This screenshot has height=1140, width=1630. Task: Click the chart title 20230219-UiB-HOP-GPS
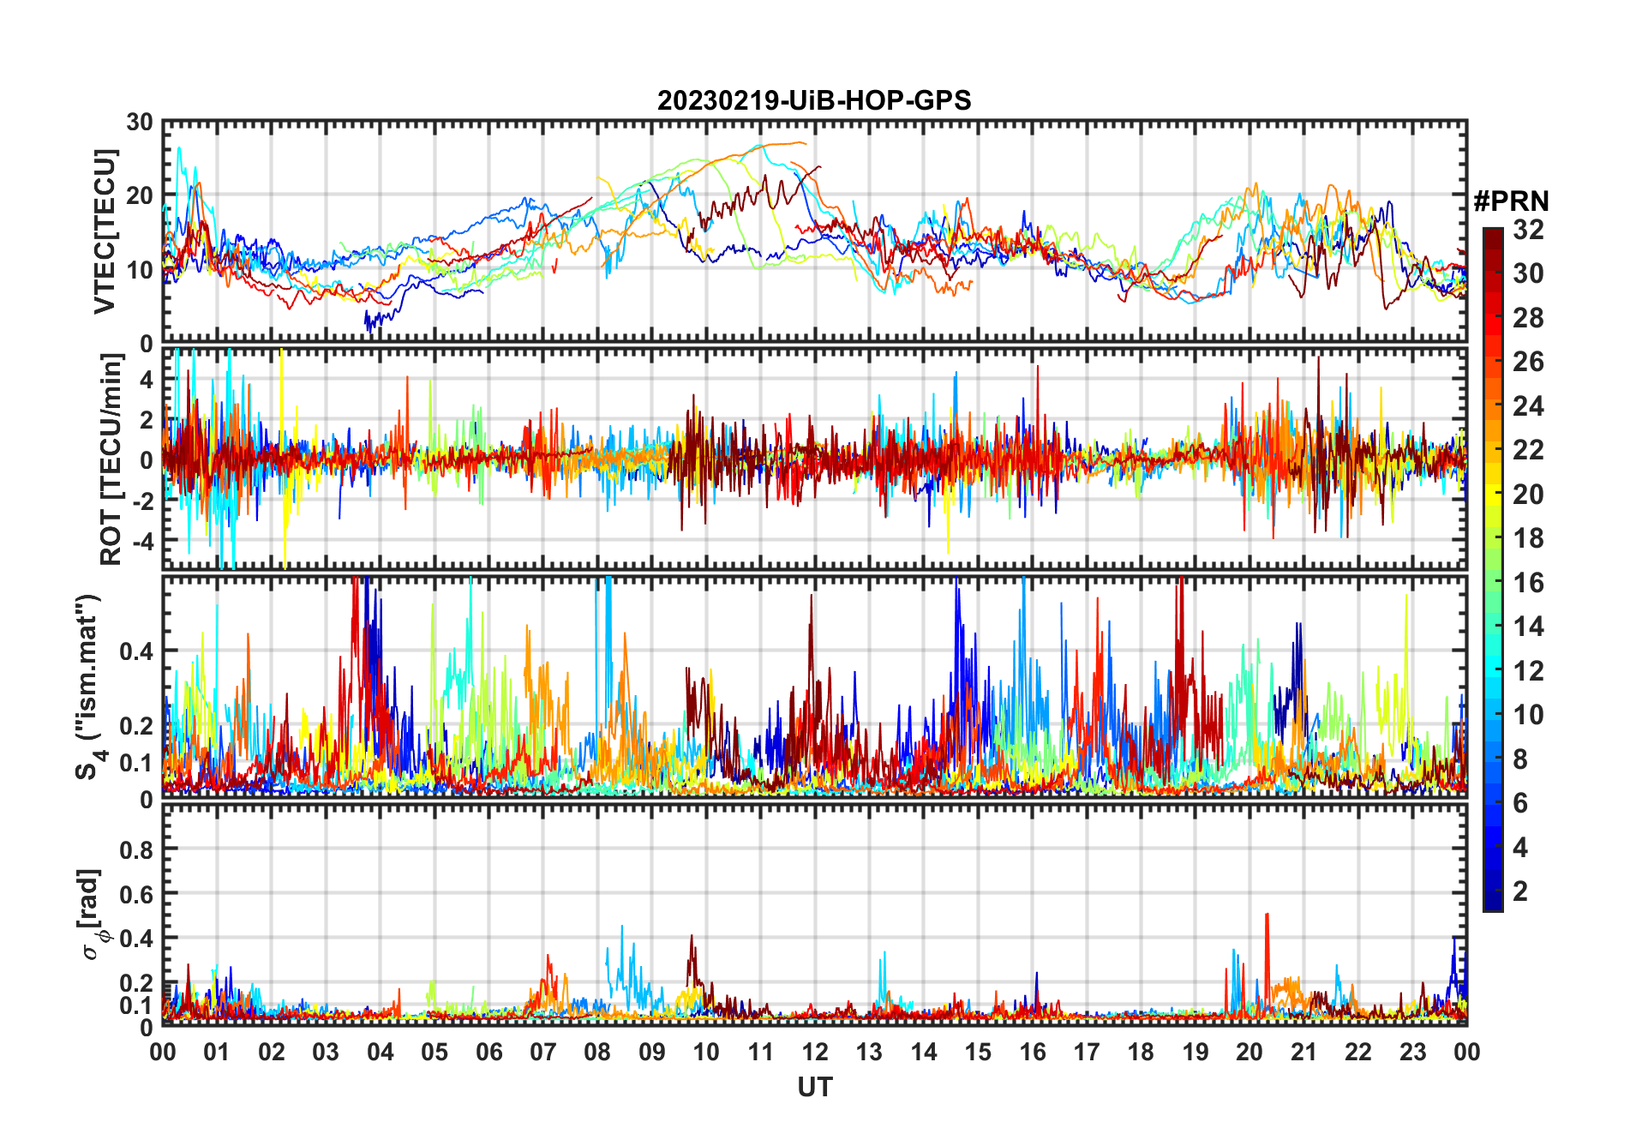(x=814, y=101)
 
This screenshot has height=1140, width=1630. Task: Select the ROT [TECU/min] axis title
(x=111, y=459)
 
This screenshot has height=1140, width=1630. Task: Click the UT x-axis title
(x=814, y=1088)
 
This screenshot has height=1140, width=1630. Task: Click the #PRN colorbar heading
(x=1511, y=201)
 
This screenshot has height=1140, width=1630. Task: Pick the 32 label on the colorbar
(x=1528, y=230)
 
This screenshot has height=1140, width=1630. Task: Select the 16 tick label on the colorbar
(x=1528, y=583)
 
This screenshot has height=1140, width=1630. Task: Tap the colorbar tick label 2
(x=1520, y=891)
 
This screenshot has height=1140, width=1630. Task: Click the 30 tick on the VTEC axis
(x=140, y=123)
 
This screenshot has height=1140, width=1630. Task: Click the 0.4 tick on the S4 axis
(x=136, y=651)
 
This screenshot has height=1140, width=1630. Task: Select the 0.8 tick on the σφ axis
(x=136, y=849)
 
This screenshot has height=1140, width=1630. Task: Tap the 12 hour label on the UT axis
(x=814, y=1052)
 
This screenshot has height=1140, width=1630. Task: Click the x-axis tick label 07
(x=542, y=1052)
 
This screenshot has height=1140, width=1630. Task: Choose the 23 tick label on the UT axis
(x=1412, y=1052)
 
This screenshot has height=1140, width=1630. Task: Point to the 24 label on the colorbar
(x=1528, y=406)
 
